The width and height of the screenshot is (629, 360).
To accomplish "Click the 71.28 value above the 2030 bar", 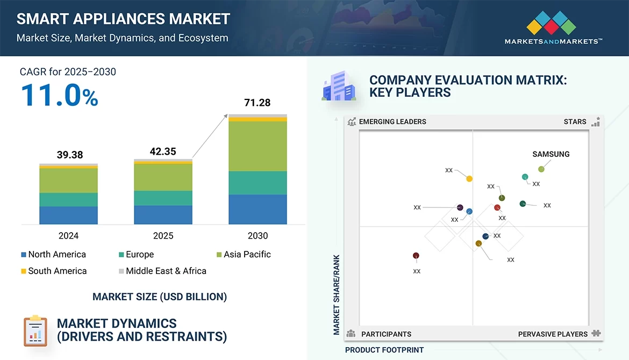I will coord(257,102).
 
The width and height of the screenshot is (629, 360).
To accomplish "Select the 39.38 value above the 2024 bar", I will coord(70,155).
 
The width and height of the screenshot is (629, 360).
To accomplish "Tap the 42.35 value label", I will coord(162,152).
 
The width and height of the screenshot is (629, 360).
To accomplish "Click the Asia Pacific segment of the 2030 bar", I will coord(258,146).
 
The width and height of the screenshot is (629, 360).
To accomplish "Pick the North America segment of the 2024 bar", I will coord(68,215).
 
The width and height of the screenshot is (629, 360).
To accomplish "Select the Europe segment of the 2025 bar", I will coord(163,198).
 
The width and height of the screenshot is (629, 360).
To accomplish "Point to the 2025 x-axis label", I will coord(163,235).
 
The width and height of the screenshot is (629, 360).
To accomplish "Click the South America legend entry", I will coord(54,271).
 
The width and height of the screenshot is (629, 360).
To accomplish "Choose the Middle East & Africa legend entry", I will coord(162,271).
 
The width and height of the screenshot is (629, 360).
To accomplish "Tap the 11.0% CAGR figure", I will coord(59,95).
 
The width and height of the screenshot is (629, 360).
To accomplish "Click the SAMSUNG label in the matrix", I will coord(551,154).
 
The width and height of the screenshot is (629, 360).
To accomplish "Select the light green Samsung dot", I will coord(541,169).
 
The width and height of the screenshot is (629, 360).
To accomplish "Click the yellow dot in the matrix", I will coord(469,178).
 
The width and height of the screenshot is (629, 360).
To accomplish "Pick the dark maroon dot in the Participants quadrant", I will coord(416,256).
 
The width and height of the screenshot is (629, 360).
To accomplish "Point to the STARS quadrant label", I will coord(575,121).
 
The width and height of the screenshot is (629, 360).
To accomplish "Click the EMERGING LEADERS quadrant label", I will coord(392,121).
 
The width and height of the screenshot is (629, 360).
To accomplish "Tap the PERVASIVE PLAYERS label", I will coord(553,334).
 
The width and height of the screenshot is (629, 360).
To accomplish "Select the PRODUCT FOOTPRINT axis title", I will coord(384,350).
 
